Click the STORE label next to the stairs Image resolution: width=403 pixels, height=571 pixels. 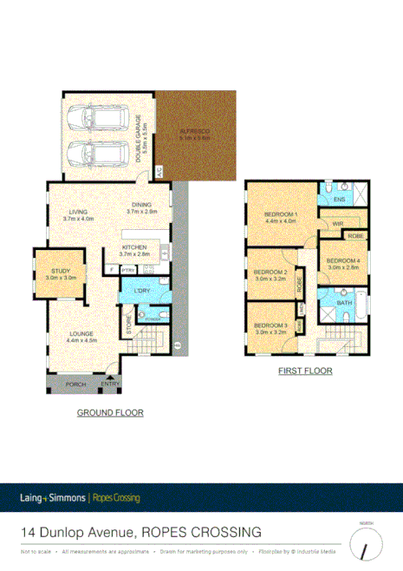[130, 328]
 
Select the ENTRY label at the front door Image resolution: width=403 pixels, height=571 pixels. [110, 383]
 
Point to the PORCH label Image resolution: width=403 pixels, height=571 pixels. [75, 383]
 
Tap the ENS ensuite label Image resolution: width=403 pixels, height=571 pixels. [339, 200]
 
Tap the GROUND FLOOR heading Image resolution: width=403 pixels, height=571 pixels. [110, 412]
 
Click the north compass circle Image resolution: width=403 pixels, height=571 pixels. [367, 545]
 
